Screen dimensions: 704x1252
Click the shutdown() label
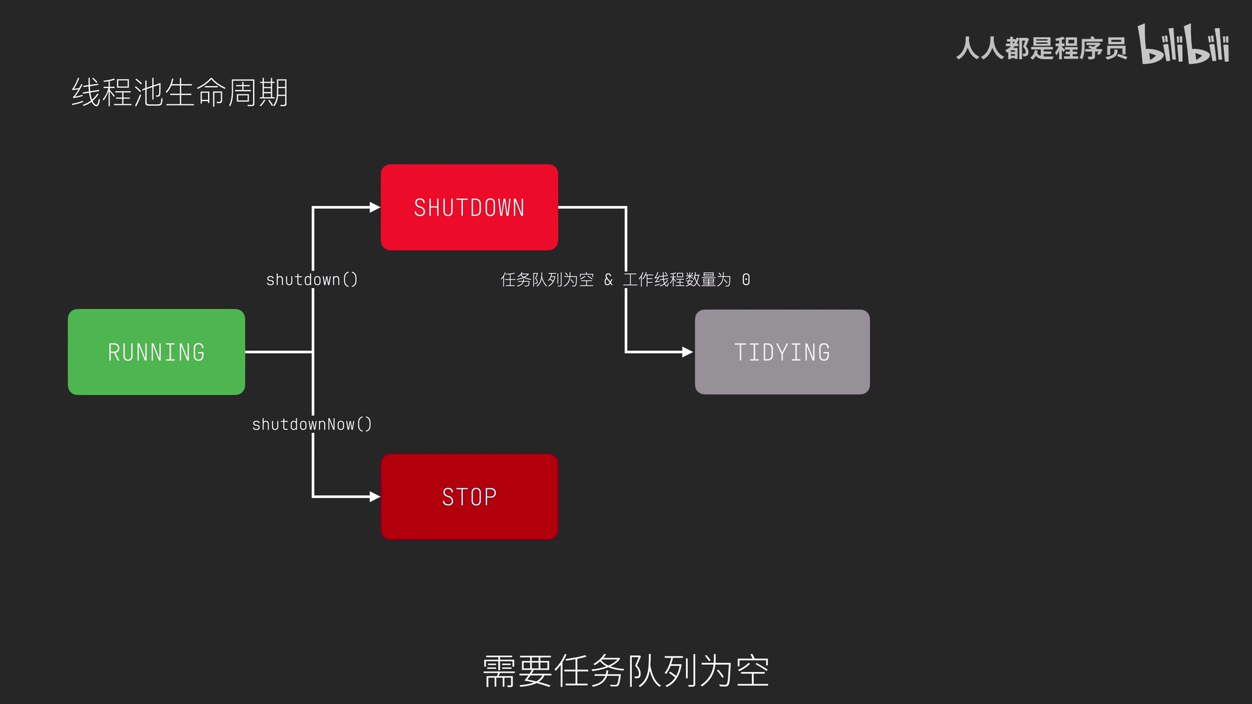[312, 280]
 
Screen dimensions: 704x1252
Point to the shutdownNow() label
[312, 424]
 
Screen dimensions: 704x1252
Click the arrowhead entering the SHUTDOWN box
[375, 207]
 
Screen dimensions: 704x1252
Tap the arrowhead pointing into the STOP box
[375, 497]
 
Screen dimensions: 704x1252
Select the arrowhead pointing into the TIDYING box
[687, 352]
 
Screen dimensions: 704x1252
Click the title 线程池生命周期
[179, 93]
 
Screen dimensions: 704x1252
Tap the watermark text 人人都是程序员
[1041, 48]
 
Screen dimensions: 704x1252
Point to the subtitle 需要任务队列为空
[625, 671]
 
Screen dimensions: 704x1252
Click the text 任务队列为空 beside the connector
[547, 280]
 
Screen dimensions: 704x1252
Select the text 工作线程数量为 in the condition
[677, 280]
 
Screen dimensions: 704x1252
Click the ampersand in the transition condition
[608, 280]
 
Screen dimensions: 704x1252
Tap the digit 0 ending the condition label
[746, 280]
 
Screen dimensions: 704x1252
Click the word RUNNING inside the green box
[156, 353]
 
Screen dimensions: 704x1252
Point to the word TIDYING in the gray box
[782, 353]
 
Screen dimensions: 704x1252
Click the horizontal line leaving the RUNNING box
[279, 352]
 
